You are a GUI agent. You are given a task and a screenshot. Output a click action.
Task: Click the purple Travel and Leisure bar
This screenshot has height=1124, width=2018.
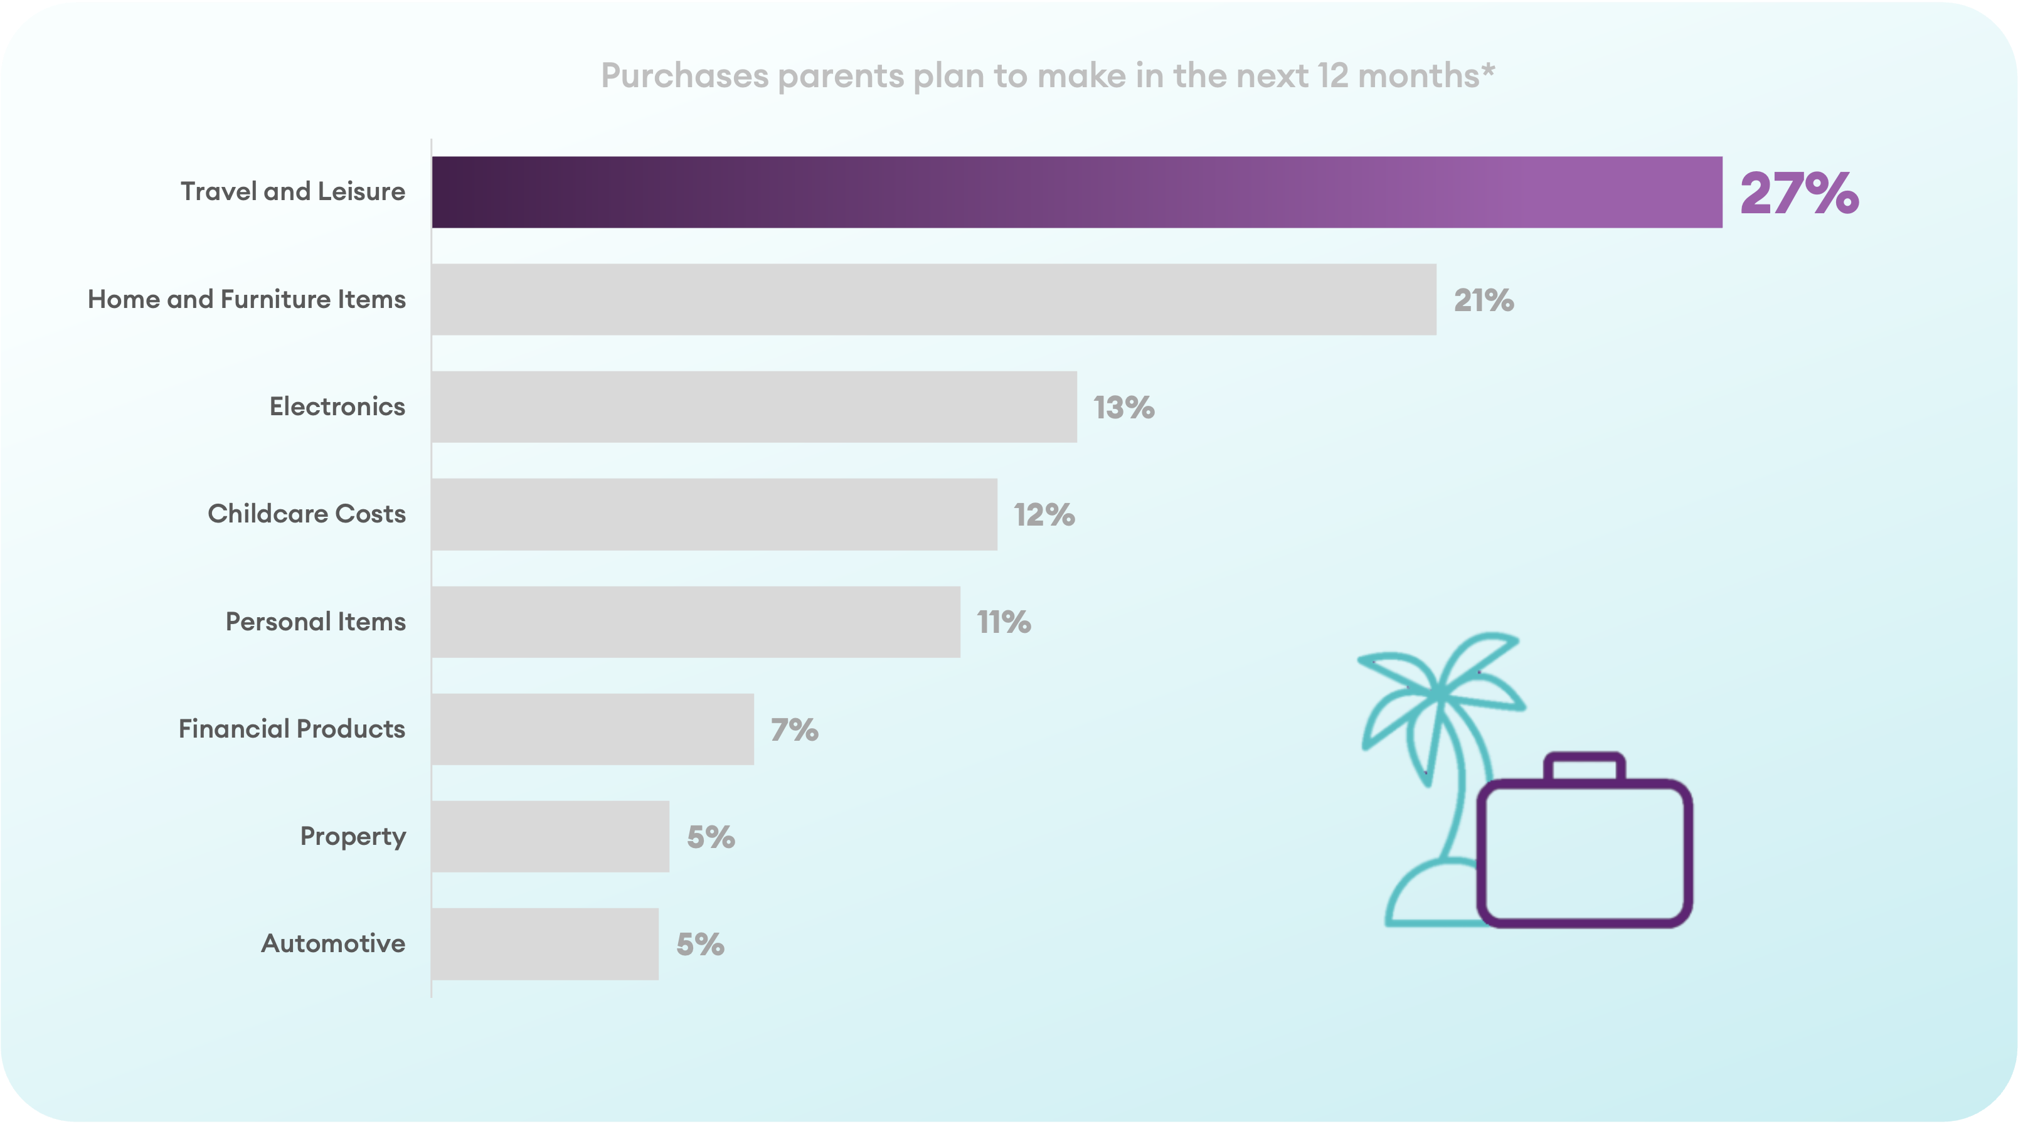pyautogui.click(x=1076, y=192)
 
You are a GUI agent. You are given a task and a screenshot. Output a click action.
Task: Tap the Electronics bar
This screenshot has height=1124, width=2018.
pyautogui.click(x=753, y=406)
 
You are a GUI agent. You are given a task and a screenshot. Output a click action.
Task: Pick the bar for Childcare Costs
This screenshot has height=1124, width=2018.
pyautogui.click(x=714, y=514)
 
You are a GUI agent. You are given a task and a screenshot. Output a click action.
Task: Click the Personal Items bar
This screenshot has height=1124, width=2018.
pyautogui.click(x=695, y=621)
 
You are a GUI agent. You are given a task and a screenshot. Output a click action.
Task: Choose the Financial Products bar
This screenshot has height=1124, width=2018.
pyautogui.click(x=592, y=728)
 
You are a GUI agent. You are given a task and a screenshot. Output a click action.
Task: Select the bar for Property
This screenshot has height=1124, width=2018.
pyautogui.click(x=550, y=835)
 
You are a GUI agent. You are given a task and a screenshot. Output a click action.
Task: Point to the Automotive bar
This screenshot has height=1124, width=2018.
pyautogui.click(x=544, y=943)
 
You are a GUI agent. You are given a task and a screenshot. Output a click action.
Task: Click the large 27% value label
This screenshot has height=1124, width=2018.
pyautogui.click(x=1798, y=193)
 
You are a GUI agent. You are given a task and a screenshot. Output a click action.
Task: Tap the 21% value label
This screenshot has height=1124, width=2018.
pyautogui.click(x=1484, y=300)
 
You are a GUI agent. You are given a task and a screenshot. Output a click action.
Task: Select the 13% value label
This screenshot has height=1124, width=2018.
pyautogui.click(x=1123, y=407)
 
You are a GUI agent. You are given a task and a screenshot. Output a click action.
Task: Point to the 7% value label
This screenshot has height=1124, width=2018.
pyautogui.click(x=794, y=729)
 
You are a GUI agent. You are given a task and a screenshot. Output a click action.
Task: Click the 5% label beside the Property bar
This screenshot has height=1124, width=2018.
pyautogui.click(x=711, y=837)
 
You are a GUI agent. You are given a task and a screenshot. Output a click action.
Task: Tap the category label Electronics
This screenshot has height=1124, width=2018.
pyautogui.click(x=337, y=406)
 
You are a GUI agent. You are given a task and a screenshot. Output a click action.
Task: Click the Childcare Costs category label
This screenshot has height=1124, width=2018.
pyautogui.click(x=306, y=514)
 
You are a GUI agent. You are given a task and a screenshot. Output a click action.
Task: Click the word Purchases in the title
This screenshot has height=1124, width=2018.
pyautogui.click(x=684, y=76)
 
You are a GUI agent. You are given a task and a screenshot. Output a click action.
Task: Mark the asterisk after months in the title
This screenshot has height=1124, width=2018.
pyautogui.click(x=1488, y=70)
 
